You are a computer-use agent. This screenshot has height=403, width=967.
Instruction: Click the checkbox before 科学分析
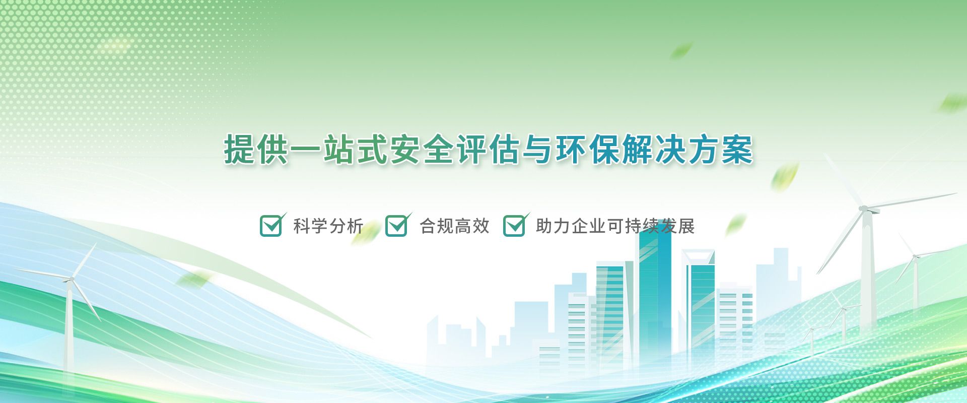(x=271, y=226)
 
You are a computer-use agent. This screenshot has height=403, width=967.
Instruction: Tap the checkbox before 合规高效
(x=397, y=226)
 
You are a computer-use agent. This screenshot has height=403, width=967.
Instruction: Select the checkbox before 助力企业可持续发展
(x=515, y=226)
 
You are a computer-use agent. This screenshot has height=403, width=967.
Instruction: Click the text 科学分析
(x=328, y=226)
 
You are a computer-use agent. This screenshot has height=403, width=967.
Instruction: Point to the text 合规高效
(x=454, y=226)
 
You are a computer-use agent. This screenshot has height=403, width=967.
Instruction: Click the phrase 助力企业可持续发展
(x=615, y=226)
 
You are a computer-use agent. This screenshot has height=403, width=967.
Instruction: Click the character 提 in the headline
(x=240, y=149)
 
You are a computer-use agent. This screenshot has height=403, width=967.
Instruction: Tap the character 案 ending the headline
(x=737, y=149)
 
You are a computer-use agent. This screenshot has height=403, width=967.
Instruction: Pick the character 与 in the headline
(x=538, y=149)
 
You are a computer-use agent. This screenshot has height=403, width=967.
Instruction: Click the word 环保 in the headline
(x=588, y=149)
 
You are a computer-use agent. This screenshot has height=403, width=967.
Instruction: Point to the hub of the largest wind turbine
(x=863, y=208)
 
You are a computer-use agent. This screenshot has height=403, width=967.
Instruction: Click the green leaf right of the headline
(x=784, y=176)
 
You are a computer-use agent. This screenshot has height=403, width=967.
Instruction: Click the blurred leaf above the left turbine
(x=195, y=278)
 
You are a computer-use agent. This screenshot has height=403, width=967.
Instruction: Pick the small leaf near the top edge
(x=681, y=50)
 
